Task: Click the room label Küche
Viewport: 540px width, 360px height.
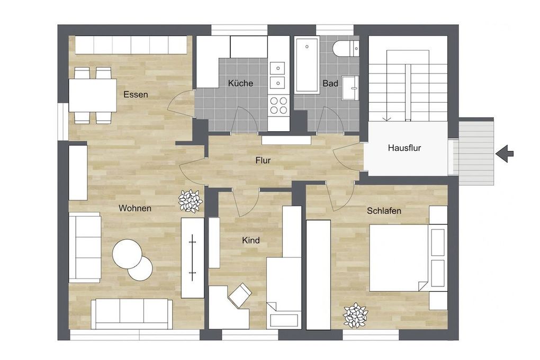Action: (240, 83)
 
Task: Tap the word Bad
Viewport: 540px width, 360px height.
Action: (330, 83)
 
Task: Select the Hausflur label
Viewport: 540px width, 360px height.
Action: (404, 148)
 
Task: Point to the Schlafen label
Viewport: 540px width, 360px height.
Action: (384, 211)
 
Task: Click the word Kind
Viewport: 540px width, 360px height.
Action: (250, 240)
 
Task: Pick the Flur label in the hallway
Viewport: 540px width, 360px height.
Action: (263, 160)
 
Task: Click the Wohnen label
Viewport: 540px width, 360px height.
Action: (134, 208)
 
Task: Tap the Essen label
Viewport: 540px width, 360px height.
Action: (136, 95)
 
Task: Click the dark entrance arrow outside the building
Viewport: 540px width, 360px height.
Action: (505, 154)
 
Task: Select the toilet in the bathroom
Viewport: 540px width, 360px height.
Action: (347, 50)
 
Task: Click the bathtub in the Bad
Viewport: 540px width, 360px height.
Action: (307, 65)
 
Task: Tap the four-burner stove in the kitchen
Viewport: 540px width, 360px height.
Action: (278, 105)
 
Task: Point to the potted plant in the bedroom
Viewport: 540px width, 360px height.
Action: (355, 316)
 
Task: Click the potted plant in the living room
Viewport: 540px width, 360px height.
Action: (190, 201)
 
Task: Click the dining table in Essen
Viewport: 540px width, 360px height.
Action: (93, 95)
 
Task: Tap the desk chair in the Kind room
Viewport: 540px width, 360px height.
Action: (239, 294)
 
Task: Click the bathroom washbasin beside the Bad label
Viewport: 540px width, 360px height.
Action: (350, 87)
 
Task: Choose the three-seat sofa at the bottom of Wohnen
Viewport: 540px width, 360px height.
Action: (131, 313)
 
